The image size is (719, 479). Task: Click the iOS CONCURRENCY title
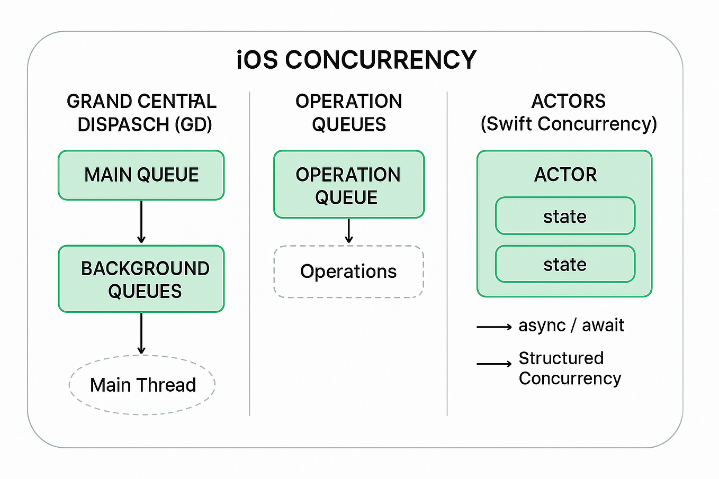[x=356, y=60]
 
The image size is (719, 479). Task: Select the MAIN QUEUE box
[x=141, y=175]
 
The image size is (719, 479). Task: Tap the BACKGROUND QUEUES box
[x=141, y=279]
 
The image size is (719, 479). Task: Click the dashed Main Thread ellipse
[x=142, y=385]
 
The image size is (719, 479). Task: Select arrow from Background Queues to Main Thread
[x=141, y=333]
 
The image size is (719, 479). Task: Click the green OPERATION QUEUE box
[x=348, y=185]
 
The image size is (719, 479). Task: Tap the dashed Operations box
[x=348, y=272]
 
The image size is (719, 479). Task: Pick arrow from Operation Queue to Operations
[x=348, y=231]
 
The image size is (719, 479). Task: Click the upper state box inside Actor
[x=565, y=216]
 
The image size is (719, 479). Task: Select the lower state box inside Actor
[x=565, y=264]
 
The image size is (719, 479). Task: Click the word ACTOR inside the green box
[x=565, y=174]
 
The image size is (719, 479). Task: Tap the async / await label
[x=571, y=325]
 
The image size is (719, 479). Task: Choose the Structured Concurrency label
[x=569, y=368]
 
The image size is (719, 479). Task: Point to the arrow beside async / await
[x=493, y=327]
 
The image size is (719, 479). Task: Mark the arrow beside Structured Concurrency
[x=493, y=364]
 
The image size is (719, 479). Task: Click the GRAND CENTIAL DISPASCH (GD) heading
[x=142, y=113]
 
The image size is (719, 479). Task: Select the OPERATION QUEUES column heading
[x=348, y=113]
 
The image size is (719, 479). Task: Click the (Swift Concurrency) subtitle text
[x=569, y=124]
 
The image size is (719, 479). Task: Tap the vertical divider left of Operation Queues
[x=249, y=254]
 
